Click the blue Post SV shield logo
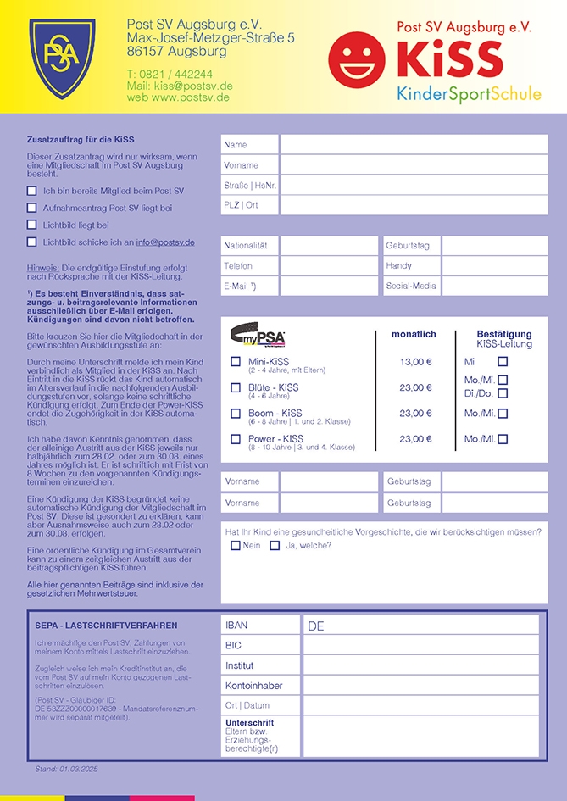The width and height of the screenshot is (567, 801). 57,55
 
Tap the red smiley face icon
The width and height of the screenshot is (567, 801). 357,58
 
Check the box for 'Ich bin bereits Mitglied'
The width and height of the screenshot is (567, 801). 32,191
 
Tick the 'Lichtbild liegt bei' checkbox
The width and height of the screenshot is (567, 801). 32,225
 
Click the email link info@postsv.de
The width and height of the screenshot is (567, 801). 165,242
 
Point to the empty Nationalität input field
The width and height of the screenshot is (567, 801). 329,246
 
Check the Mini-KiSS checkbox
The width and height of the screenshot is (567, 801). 236,362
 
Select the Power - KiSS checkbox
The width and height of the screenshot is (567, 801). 236,439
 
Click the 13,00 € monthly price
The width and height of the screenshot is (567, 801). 415,362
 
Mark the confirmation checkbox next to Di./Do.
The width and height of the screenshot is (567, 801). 503,393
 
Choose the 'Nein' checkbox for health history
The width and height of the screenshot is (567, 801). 236,546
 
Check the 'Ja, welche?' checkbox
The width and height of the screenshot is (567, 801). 275,546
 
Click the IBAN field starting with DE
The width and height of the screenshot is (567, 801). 420,626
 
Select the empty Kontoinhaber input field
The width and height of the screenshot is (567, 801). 420,685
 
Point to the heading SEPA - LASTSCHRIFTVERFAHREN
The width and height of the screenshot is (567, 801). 106,625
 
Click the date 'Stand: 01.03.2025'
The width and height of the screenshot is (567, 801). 67,769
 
